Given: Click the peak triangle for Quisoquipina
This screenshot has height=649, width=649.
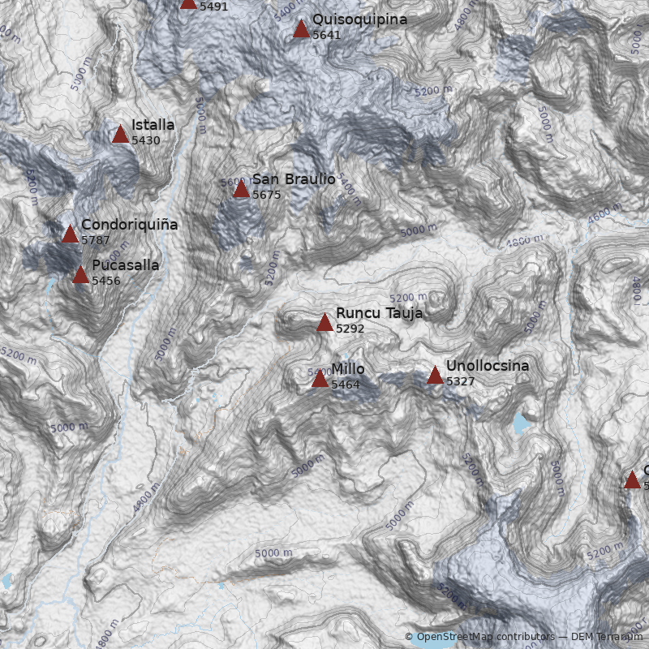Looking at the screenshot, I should tap(301, 29).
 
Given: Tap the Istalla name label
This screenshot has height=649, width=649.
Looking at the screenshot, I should tap(153, 125).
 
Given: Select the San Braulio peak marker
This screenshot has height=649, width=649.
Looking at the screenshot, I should tap(241, 189).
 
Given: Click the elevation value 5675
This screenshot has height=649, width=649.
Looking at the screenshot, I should tap(266, 195).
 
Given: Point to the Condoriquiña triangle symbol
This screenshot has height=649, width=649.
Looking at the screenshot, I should tap(71, 234).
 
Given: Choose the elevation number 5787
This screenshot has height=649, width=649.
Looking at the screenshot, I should tap(95, 240).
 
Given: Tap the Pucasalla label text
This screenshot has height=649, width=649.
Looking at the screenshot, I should tap(125, 265).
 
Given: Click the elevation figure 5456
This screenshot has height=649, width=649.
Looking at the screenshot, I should tap(105, 281).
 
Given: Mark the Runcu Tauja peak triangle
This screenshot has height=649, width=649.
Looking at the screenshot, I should tap(324, 323).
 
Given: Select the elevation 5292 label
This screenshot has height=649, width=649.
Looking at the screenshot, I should tap(350, 329).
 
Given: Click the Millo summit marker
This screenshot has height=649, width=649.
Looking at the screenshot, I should tap(320, 379).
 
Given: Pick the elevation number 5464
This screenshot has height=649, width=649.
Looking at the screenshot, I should tap(345, 385).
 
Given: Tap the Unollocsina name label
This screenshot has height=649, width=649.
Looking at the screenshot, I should tap(487, 366).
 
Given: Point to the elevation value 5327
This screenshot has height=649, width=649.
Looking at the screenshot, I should tap(460, 381).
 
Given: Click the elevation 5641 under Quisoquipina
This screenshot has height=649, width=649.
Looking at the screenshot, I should tap(326, 35).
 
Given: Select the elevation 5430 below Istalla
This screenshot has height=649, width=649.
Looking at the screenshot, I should tap(145, 140).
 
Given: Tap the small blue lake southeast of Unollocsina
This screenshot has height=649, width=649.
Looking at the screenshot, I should tap(521, 423).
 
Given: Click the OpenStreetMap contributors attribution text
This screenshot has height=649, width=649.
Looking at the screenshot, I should tap(473, 637).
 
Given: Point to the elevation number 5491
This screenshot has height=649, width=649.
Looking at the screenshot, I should tap(213, 6).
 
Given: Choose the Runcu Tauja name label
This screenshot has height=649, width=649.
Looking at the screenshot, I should tap(379, 313).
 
